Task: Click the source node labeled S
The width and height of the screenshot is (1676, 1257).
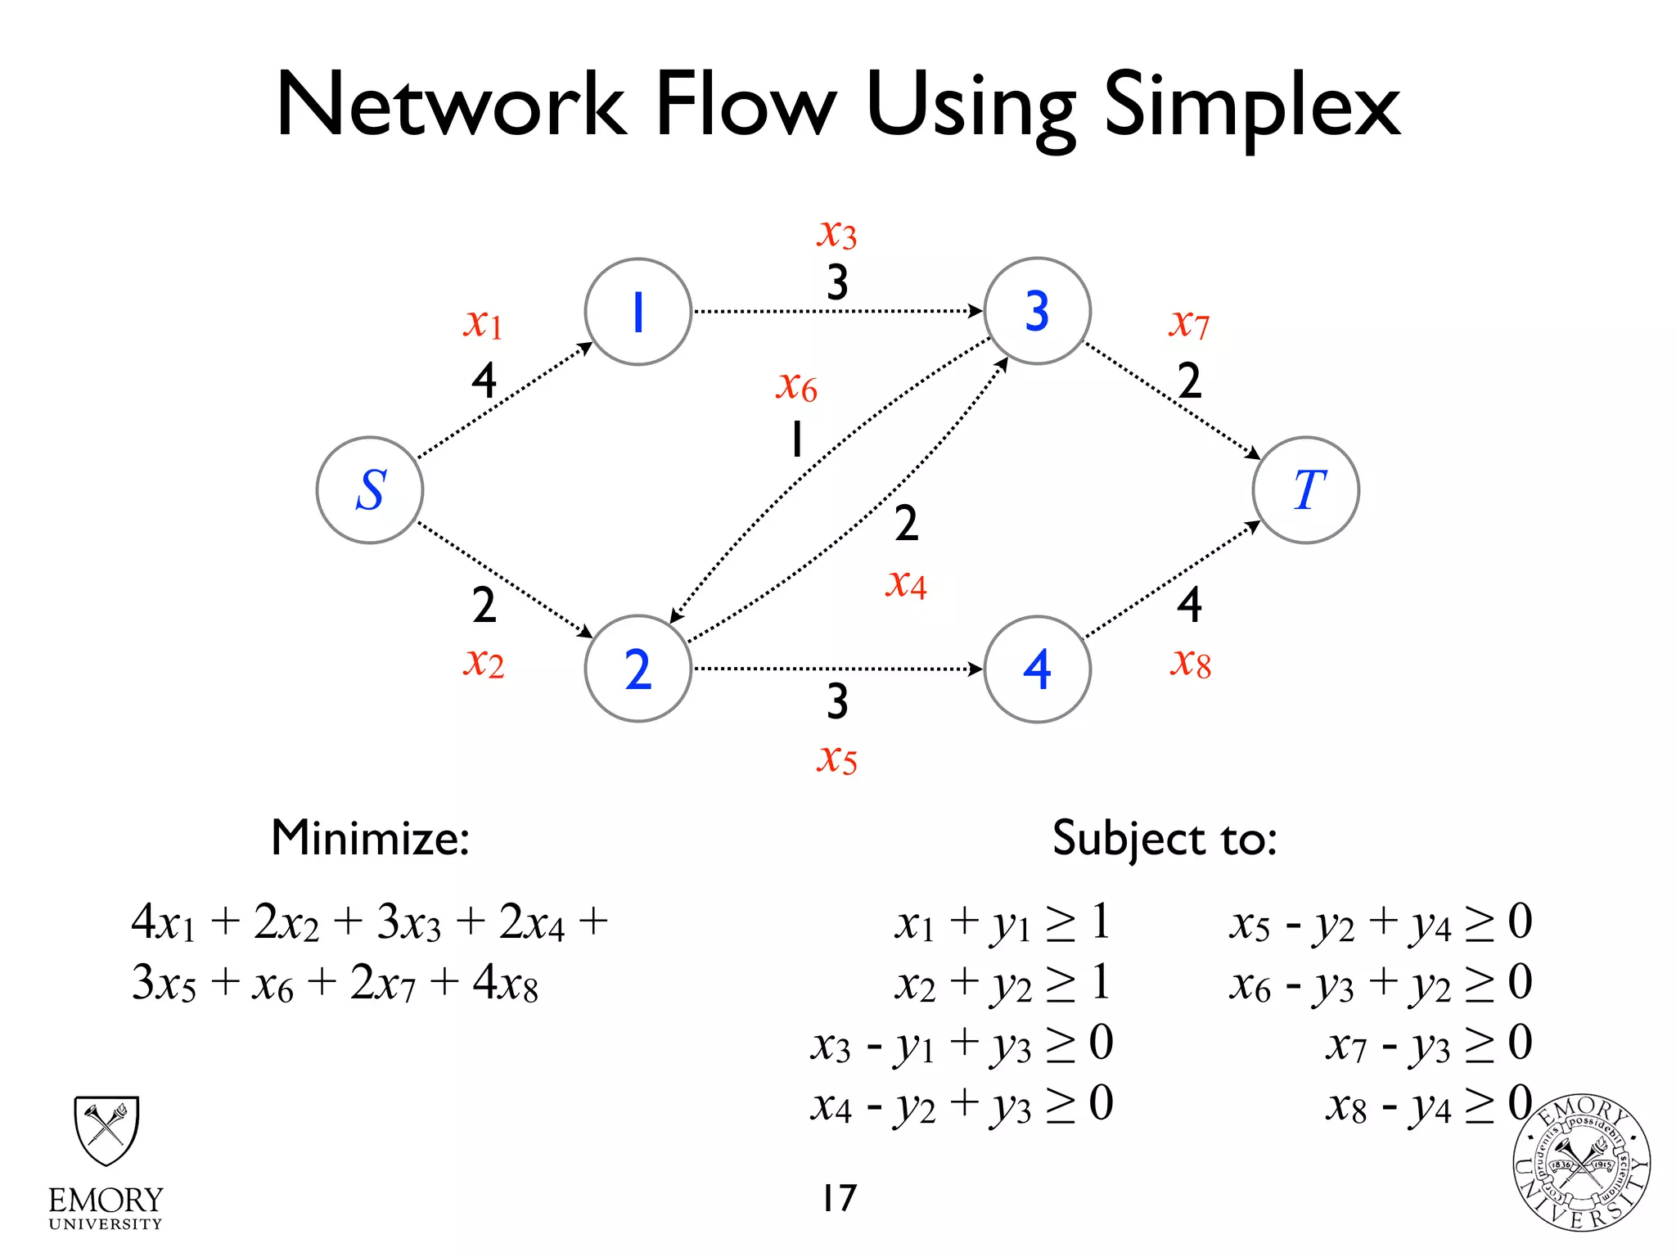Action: point(370,490)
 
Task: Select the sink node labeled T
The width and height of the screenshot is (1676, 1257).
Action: point(1305,490)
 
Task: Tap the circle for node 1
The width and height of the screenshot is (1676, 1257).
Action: point(638,312)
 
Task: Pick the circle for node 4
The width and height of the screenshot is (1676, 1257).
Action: point(1037,669)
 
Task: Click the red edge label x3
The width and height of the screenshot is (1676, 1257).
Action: point(836,234)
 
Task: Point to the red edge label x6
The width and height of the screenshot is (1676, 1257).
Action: point(796,385)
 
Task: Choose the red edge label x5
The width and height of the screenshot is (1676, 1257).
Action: point(836,759)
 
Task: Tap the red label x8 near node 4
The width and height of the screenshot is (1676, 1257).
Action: point(1190,663)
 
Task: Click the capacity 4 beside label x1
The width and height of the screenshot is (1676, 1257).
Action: point(484,381)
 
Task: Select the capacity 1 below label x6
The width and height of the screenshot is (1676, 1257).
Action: point(796,439)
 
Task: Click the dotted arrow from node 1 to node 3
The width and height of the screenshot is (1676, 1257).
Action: point(836,311)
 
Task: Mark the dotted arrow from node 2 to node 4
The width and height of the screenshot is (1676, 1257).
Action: point(836,669)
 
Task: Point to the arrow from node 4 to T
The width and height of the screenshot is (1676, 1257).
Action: point(1172,579)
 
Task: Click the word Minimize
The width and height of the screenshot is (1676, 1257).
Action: point(370,838)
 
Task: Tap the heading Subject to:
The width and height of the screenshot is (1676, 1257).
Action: point(1164,839)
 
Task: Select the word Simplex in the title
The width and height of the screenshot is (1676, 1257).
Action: point(1252,106)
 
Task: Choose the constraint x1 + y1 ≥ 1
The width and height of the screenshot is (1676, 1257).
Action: point(1002,923)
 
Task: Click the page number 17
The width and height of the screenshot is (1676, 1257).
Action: point(839,1197)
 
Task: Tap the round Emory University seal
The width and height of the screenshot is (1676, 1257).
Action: point(1581,1163)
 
